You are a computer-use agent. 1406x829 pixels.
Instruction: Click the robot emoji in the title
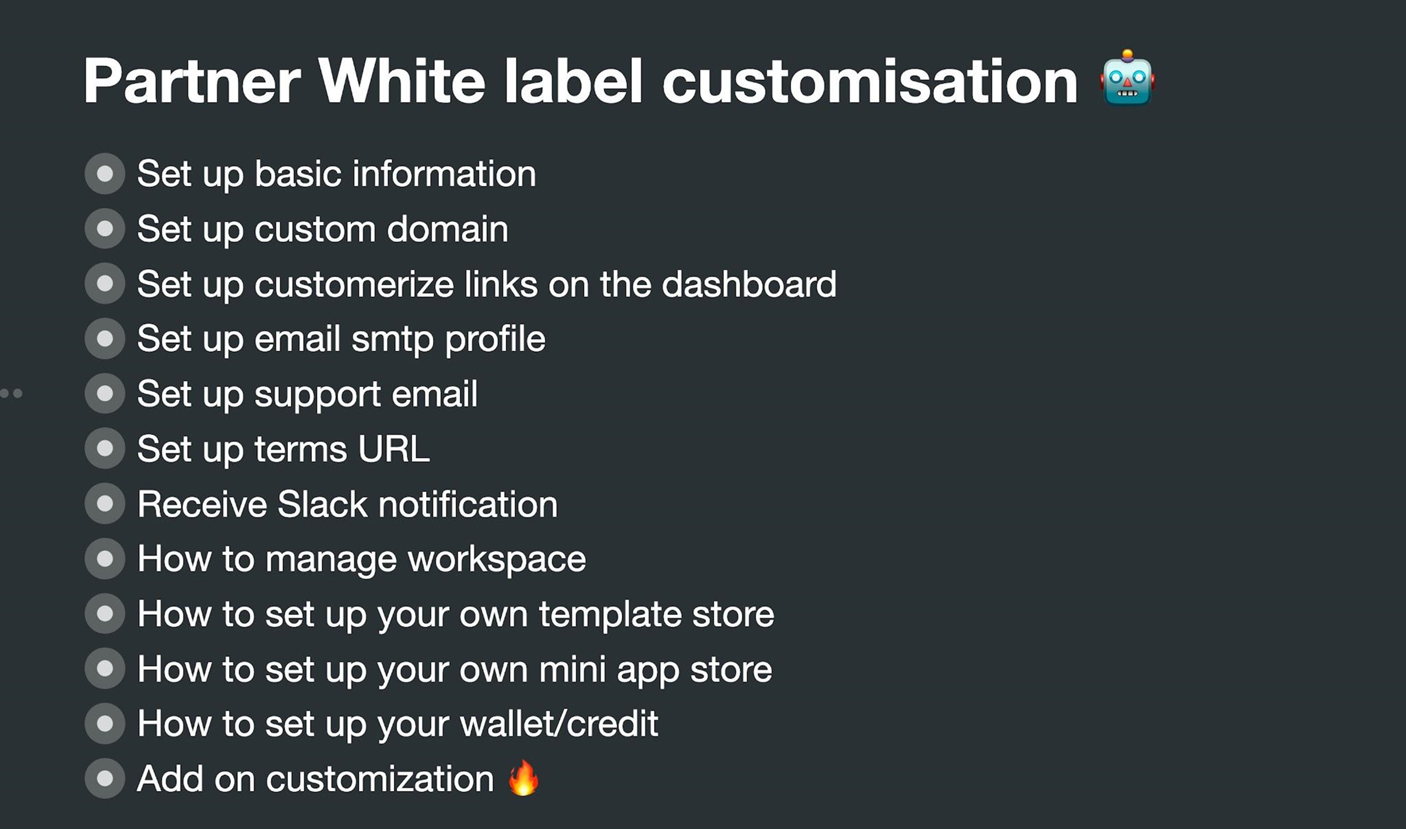point(1128,77)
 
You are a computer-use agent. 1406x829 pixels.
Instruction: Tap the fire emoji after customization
point(523,777)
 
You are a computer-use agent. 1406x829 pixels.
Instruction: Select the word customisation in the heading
point(870,81)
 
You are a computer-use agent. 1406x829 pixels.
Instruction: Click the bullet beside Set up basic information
point(105,174)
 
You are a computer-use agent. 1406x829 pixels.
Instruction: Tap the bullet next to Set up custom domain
point(105,229)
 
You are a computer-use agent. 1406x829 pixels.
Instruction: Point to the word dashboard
point(749,284)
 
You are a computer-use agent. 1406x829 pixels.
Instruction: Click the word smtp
point(393,340)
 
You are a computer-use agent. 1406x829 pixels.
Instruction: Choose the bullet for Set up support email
point(105,393)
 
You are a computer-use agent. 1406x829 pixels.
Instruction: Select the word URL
point(394,449)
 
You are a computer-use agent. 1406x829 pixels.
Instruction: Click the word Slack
point(322,504)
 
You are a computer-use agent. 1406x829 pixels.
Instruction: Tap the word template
point(610,615)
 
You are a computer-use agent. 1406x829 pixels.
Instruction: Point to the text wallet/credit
point(559,724)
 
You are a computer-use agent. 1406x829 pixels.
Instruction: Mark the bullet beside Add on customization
point(105,778)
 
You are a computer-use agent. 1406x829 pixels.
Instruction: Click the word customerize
point(354,284)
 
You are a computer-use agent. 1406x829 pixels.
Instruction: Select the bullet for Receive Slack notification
point(105,503)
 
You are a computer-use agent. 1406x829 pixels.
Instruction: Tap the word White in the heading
point(402,81)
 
